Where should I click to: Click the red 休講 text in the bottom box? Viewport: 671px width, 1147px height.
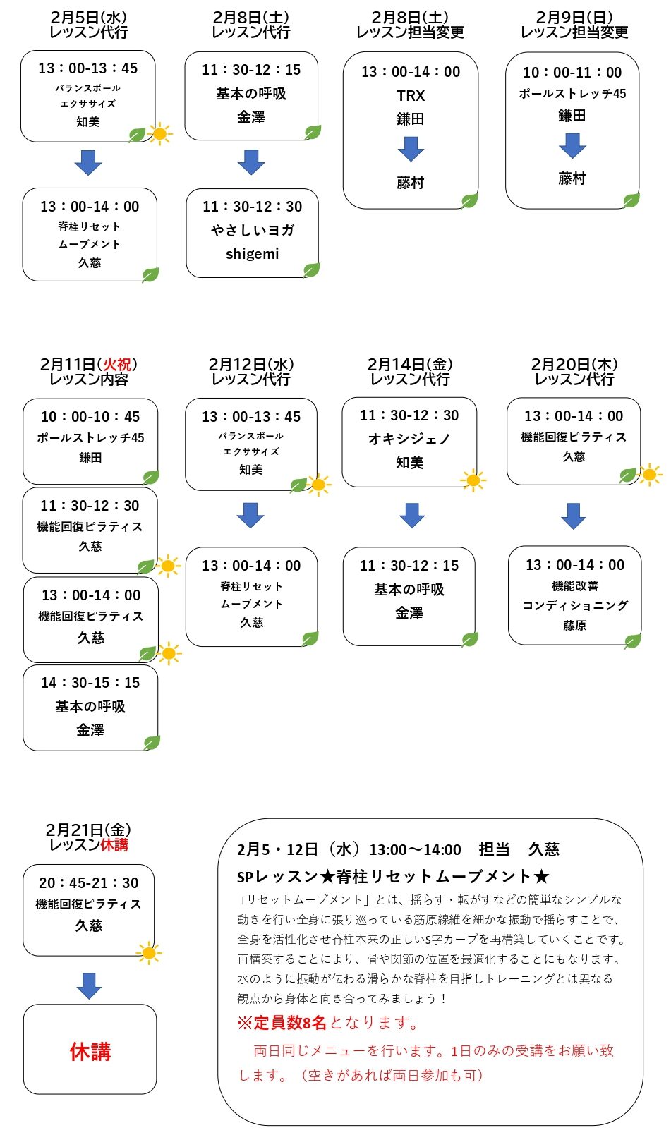pyautogui.click(x=90, y=1051)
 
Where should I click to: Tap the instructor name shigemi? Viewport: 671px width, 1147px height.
pyautogui.click(x=253, y=254)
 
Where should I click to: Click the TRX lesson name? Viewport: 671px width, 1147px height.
pyautogui.click(x=411, y=96)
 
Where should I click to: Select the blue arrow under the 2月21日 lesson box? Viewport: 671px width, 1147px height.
pyautogui.click(x=89, y=985)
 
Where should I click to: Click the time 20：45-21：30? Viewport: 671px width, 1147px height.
pyautogui.click(x=89, y=882)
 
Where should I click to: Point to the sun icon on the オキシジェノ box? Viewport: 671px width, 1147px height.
pyautogui.click(x=473, y=480)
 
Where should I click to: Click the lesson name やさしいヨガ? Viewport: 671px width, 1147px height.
pyautogui.click(x=253, y=231)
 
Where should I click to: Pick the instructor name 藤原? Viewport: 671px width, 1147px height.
pyautogui.click(x=575, y=625)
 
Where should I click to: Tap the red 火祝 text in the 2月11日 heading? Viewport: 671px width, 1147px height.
pyautogui.click(x=117, y=364)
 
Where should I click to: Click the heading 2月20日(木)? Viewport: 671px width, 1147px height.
pyautogui.click(x=574, y=364)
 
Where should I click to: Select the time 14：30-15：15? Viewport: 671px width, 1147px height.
pyautogui.click(x=90, y=683)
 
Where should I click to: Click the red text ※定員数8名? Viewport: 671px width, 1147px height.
pyautogui.click(x=282, y=1023)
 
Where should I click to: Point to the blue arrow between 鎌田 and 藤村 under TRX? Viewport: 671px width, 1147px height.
pyautogui.click(x=411, y=149)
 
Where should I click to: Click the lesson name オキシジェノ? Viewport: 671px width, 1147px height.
pyautogui.click(x=409, y=439)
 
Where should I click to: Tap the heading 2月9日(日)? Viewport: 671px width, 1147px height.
pyautogui.click(x=574, y=18)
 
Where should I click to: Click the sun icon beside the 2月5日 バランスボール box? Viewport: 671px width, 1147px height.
pyautogui.click(x=159, y=134)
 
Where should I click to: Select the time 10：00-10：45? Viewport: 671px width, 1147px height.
pyautogui.click(x=90, y=417)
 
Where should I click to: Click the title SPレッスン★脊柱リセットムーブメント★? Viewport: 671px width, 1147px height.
pyautogui.click(x=393, y=877)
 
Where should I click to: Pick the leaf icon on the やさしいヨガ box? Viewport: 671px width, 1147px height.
pyautogui.click(x=311, y=270)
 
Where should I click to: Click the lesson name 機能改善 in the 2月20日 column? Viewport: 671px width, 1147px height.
pyautogui.click(x=575, y=585)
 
